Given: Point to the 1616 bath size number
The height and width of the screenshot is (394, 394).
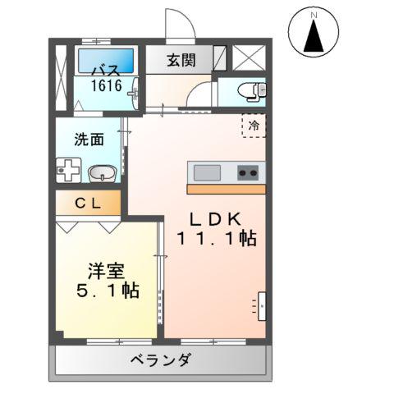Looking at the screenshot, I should [106, 85].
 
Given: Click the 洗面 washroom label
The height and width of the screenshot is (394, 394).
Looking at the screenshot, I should [89, 139].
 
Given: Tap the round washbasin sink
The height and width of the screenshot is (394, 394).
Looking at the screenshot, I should [101, 173].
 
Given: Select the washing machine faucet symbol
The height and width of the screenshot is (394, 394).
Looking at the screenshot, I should [67, 171].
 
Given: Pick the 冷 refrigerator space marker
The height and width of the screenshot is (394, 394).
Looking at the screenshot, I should [254, 126].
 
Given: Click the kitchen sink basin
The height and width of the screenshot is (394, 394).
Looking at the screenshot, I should [207, 172].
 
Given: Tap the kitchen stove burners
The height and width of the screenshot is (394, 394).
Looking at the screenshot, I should [248, 172].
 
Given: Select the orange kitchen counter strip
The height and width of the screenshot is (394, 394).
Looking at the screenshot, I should [227, 189].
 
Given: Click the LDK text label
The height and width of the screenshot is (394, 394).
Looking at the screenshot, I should [217, 220].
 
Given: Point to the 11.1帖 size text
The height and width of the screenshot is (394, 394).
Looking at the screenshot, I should [215, 239].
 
